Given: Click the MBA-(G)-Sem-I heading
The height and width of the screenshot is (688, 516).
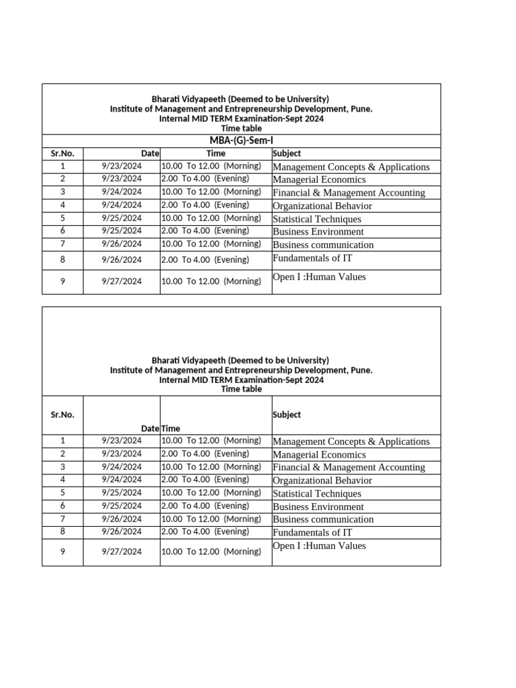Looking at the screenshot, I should click(241, 140).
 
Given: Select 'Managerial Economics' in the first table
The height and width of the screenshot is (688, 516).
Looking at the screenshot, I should click(319, 179).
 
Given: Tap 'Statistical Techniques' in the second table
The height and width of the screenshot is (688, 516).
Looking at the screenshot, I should click(316, 494).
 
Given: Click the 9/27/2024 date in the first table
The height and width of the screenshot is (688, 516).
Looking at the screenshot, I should click(122, 282).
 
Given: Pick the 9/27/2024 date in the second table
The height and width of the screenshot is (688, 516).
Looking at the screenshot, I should click(122, 552).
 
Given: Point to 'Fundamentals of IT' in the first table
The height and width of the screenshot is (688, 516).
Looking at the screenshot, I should click(312, 258).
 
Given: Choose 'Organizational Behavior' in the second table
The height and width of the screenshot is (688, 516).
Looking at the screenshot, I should click(322, 480).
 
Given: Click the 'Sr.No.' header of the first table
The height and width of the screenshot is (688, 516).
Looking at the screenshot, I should click(62, 153).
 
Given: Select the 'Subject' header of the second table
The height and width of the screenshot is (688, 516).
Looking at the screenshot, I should click(287, 415).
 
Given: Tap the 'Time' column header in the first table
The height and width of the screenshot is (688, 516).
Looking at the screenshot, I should click(216, 153).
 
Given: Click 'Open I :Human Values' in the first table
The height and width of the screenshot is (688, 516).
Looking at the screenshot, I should click(319, 277).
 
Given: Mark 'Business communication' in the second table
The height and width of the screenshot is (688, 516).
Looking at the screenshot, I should click(323, 519).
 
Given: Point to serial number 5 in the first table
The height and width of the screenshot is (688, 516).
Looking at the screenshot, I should click(62, 218).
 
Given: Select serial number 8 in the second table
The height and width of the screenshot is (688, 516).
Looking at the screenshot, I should click(62, 531).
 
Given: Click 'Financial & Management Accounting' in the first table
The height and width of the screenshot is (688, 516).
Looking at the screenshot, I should click(349, 193).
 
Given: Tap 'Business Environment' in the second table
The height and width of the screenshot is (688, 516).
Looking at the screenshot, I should click(318, 507).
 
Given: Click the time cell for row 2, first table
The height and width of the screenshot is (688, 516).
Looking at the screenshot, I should click(205, 179).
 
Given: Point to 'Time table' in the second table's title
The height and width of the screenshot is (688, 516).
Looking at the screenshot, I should click(241, 389).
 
